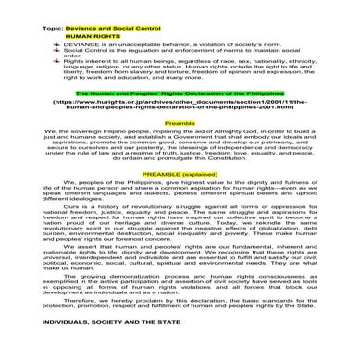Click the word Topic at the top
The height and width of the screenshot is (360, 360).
coord(52,30)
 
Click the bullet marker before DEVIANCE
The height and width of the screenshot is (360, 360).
coord(57,48)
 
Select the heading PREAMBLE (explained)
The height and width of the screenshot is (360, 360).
coord(180,199)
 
